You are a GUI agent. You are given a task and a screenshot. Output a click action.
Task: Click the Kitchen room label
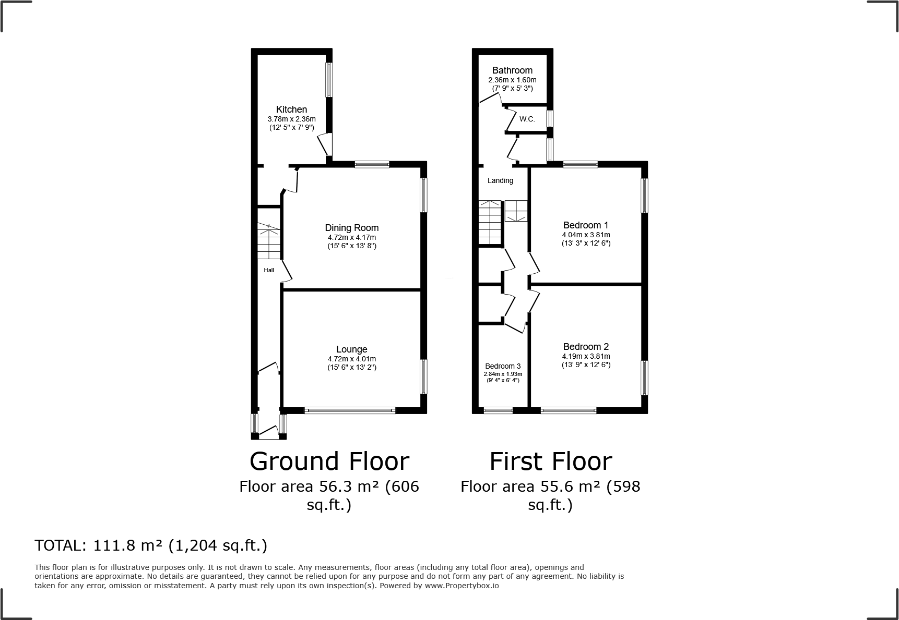tap(291, 110)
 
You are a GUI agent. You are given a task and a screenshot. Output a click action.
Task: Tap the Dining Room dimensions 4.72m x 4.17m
tap(351, 237)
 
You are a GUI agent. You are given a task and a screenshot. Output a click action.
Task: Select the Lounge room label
tap(351, 349)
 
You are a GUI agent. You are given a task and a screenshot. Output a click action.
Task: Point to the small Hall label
tap(269, 270)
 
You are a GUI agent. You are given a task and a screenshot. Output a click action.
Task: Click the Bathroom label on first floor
tap(512, 70)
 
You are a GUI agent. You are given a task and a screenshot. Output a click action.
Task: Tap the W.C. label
tap(527, 119)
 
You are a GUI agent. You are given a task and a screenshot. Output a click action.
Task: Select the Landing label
tap(500, 180)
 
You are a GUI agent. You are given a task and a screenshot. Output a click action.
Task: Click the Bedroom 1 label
tap(585, 225)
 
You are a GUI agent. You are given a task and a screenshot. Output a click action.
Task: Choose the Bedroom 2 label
tap(585, 347)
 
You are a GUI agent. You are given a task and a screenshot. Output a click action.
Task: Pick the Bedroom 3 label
tap(502, 366)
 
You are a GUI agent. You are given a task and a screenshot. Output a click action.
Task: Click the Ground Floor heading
tap(329, 461)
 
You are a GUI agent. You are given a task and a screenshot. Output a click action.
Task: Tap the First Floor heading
tap(550, 461)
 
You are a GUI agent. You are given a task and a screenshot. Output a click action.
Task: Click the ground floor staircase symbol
tap(269, 241)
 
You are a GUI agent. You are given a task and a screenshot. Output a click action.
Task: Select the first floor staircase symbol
tap(491, 222)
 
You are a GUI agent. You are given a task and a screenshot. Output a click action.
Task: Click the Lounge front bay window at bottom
tap(350, 411)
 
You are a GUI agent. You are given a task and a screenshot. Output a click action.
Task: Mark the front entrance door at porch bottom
tap(269, 432)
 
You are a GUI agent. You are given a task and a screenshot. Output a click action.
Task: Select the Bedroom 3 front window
tap(498, 411)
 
